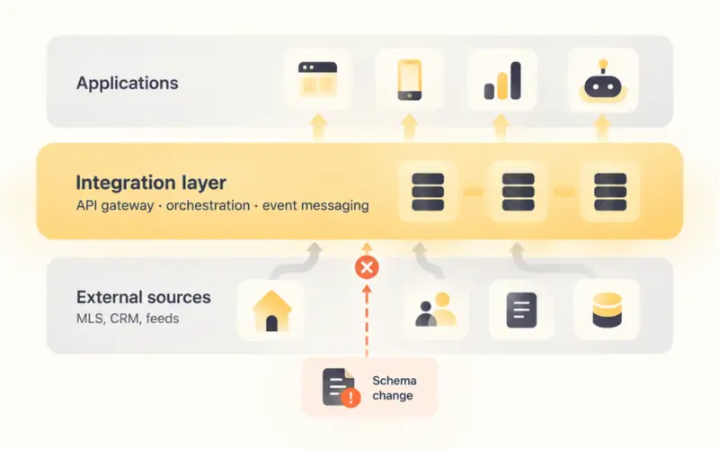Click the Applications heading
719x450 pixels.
point(127,83)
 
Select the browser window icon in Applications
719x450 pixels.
point(318,79)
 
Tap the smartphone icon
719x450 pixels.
point(410,80)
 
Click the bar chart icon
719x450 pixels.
point(502,81)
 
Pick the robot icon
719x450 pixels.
point(603,81)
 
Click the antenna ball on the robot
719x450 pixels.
point(603,63)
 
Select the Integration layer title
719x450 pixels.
point(151,183)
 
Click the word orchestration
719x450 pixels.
point(208,205)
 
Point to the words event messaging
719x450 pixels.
point(315,205)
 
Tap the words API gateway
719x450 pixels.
point(115,205)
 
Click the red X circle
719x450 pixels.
point(367,267)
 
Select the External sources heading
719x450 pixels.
point(144,297)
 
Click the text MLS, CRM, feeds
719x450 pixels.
point(128,319)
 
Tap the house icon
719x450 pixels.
point(272,310)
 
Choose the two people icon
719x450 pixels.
point(436,310)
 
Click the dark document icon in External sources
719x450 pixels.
point(521,310)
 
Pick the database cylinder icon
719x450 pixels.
point(607,310)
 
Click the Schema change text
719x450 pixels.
point(395,388)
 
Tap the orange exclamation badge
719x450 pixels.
point(351,398)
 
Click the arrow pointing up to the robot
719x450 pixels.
point(603,127)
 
